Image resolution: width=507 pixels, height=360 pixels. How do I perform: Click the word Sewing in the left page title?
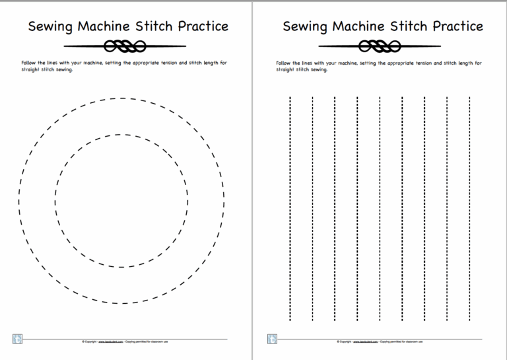[50, 27]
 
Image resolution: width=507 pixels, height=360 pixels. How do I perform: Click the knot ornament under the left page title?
[125, 46]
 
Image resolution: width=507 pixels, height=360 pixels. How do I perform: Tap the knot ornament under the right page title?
[380, 46]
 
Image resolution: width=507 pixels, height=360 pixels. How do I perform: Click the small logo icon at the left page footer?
[18, 340]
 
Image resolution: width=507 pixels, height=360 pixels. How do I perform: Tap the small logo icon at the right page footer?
[272, 340]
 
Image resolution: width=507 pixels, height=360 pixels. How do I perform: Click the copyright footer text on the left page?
[124, 342]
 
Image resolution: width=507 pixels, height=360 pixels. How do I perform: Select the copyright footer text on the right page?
[379, 342]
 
